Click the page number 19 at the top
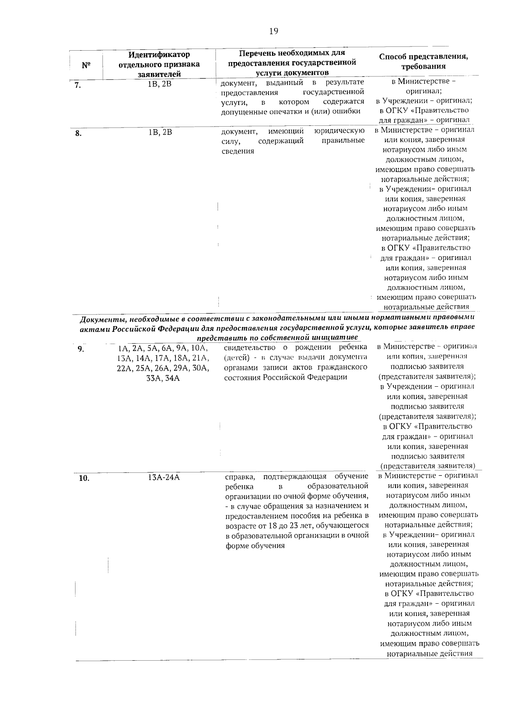pyautogui.click(x=273, y=31)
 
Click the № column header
pyautogui.click(x=86, y=65)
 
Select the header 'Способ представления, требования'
pyautogui.click(x=423, y=62)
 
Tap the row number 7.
pyautogui.click(x=78, y=85)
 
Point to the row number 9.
pyautogui.click(x=80, y=349)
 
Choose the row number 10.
pyautogui.click(x=84, y=478)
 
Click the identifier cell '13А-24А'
pyautogui.click(x=164, y=477)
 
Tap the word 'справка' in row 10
pyautogui.click(x=240, y=477)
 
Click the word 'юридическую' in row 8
pyautogui.click(x=339, y=131)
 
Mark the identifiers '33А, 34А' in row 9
pyautogui.click(x=163, y=378)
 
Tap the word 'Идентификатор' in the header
pyautogui.click(x=159, y=54)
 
